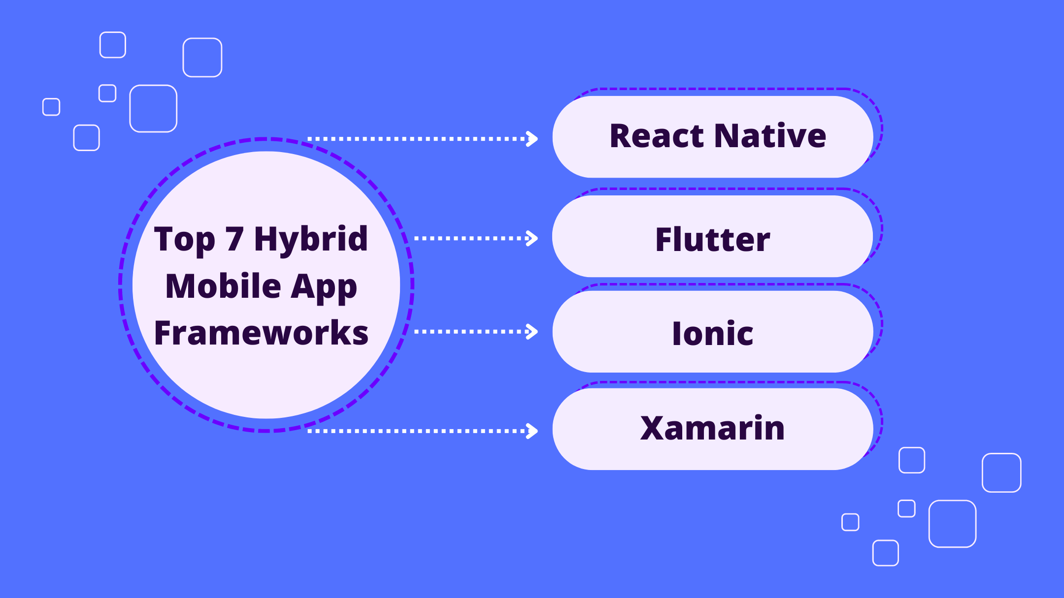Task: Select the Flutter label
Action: [712, 240]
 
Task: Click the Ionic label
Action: [712, 334]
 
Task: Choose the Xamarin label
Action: [712, 428]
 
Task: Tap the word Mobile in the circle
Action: [223, 286]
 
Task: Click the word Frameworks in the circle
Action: [261, 333]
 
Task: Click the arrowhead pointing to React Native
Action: [532, 139]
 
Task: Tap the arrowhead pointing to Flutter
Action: [532, 238]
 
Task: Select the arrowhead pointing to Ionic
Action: [532, 332]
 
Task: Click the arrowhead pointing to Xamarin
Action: [532, 431]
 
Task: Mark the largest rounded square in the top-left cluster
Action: [153, 109]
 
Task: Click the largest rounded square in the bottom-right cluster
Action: [952, 524]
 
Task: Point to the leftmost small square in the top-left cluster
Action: [51, 107]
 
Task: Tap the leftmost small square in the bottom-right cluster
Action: [850, 522]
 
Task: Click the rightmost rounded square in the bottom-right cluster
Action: [1001, 472]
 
